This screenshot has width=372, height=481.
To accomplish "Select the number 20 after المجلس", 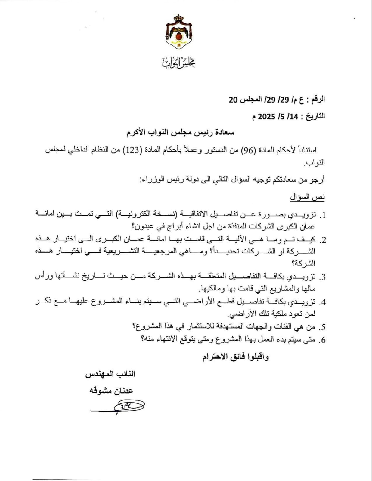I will [234, 99].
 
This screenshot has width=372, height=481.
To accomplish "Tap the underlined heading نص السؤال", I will [307, 197].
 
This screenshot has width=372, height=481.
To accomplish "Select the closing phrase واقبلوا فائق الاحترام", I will [236, 357].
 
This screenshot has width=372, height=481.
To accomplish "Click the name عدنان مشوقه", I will [111, 391].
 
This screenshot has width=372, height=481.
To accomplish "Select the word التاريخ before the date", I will [315, 116].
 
